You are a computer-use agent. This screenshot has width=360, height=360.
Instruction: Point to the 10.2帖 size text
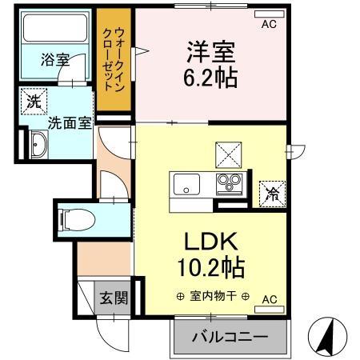(x=211, y=267)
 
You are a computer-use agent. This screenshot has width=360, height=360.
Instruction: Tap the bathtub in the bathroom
(x=55, y=30)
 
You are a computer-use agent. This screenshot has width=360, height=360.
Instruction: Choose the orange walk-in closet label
(x=114, y=61)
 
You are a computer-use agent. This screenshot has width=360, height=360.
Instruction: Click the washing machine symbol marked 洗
(x=34, y=102)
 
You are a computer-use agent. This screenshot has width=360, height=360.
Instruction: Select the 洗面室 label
(x=66, y=123)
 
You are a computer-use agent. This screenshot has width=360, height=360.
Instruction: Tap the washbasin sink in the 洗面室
(x=37, y=146)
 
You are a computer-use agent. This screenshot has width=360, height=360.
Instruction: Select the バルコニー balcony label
(x=229, y=337)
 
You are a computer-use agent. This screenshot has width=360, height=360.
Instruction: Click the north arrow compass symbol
(x=327, y=337)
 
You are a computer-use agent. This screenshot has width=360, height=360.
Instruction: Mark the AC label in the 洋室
(x=268, y=24)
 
